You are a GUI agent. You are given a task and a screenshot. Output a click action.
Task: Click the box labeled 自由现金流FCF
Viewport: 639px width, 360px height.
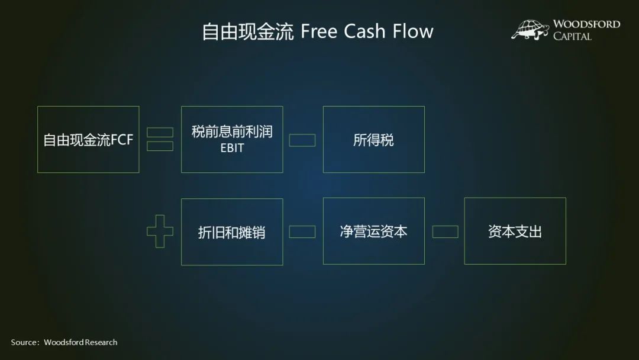88,140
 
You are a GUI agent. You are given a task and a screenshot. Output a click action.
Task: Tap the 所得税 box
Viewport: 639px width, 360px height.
373,140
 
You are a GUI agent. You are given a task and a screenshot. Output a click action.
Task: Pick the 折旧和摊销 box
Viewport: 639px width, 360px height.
232,232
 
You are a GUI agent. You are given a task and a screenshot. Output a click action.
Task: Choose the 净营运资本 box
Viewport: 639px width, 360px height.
373,231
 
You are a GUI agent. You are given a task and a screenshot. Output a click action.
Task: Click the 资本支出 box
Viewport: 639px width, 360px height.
515,231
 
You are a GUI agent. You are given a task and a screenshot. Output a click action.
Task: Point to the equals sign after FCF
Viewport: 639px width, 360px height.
160,140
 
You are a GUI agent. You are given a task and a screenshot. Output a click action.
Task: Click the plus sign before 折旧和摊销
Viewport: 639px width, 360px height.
160,232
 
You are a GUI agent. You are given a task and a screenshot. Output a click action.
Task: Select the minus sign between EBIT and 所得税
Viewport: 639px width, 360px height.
302,140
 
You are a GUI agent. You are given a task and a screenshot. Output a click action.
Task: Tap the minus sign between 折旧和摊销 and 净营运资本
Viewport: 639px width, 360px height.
302,232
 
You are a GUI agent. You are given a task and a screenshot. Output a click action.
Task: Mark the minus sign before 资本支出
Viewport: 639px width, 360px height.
445,232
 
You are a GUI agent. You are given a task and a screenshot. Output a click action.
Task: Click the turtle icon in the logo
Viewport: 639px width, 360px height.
530,30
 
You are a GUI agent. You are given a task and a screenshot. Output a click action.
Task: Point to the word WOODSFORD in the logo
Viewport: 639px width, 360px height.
586,24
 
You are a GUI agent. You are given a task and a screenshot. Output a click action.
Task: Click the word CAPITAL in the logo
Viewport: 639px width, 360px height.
572,37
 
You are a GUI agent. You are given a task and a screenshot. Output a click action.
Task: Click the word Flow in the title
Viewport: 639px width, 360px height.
413,31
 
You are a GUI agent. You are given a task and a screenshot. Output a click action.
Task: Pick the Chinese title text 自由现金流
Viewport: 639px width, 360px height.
247,31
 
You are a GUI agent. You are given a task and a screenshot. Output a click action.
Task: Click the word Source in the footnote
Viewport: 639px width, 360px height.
24,342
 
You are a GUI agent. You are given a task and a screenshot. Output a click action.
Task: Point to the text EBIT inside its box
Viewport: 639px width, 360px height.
232,148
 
